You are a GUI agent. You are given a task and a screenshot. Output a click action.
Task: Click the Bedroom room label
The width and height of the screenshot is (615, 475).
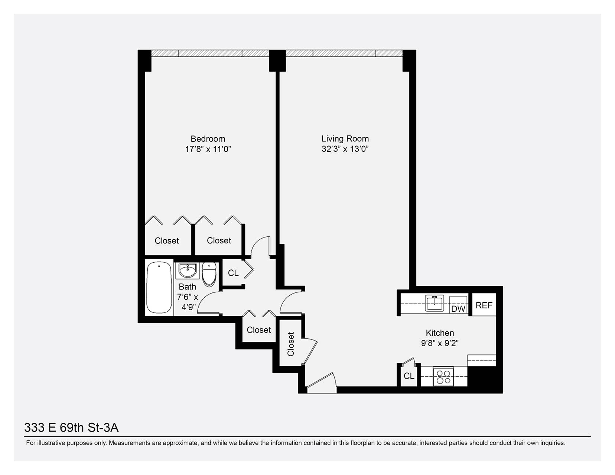[208, 139]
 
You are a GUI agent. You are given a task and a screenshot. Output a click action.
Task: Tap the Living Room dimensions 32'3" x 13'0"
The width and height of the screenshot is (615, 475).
[345, 149]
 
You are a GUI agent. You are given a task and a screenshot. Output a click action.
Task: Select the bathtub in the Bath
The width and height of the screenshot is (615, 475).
[159, 288]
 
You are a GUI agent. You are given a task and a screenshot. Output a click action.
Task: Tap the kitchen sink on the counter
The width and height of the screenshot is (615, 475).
[435, 303]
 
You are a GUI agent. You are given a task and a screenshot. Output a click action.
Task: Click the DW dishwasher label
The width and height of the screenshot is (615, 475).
[458, 309]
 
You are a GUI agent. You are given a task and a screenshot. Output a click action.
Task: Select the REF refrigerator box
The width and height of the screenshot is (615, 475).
[484, 305]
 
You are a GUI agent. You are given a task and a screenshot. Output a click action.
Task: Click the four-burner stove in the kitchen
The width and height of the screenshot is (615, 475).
[443, 377]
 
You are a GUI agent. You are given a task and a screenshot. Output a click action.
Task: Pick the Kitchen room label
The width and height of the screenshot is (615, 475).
[440, 333]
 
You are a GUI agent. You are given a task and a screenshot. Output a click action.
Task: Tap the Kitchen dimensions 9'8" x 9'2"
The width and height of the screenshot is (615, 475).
[440, 343]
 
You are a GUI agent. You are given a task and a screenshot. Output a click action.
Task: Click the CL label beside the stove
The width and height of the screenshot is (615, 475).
[409, 376]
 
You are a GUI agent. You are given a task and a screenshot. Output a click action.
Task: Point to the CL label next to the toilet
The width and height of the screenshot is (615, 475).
[233, 273]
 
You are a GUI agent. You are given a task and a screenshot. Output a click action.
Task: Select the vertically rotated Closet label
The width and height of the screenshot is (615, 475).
[291, 344]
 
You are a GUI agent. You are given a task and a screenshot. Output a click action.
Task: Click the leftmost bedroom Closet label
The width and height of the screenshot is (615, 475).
[167, 241]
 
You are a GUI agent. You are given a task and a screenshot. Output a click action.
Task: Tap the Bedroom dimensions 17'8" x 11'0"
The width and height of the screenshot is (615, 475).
[208, 149]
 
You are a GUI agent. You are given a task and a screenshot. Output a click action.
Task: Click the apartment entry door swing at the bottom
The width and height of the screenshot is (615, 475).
[322, 383]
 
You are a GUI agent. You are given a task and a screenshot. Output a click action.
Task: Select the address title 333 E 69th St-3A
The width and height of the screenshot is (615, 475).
[71, 427]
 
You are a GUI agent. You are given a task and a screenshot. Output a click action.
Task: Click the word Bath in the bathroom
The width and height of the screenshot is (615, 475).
[187, 287]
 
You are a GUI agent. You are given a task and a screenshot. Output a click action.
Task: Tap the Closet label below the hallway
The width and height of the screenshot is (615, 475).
[259, 330]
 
